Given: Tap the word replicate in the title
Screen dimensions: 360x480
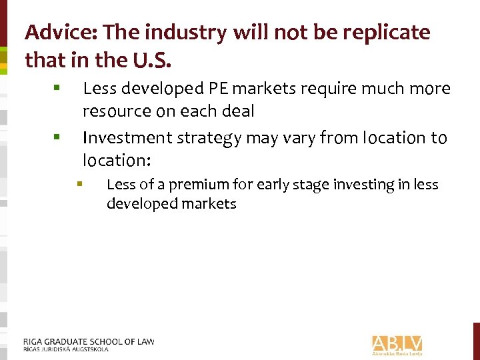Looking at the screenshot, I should pos(391,32).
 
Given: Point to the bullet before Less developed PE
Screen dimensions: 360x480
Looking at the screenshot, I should pos(59,88).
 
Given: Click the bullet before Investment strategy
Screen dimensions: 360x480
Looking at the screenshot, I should pos(59,137).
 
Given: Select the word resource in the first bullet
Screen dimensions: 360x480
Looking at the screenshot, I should pos(117,111).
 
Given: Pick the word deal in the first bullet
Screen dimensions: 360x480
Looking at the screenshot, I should pos(239,111).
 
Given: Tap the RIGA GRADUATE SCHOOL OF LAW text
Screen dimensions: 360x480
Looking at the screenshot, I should pos(89,341).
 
